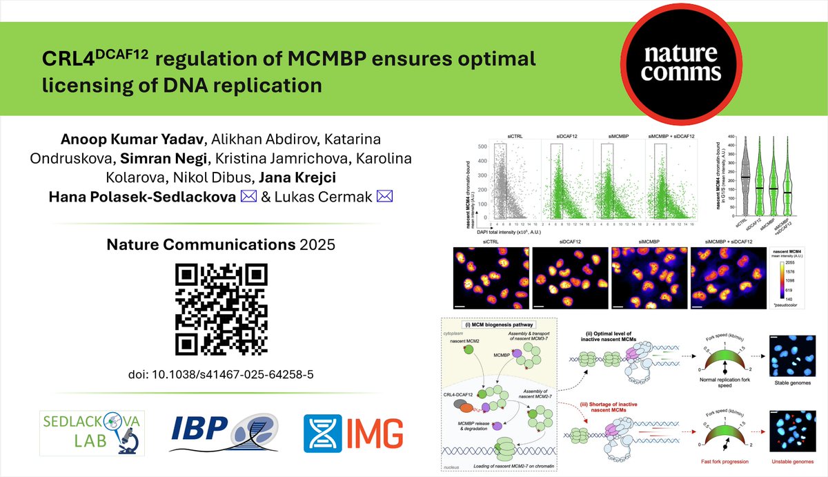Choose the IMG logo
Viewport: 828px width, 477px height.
[x=354, y=429]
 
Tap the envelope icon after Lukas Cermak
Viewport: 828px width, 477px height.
[x=385, y=197]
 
